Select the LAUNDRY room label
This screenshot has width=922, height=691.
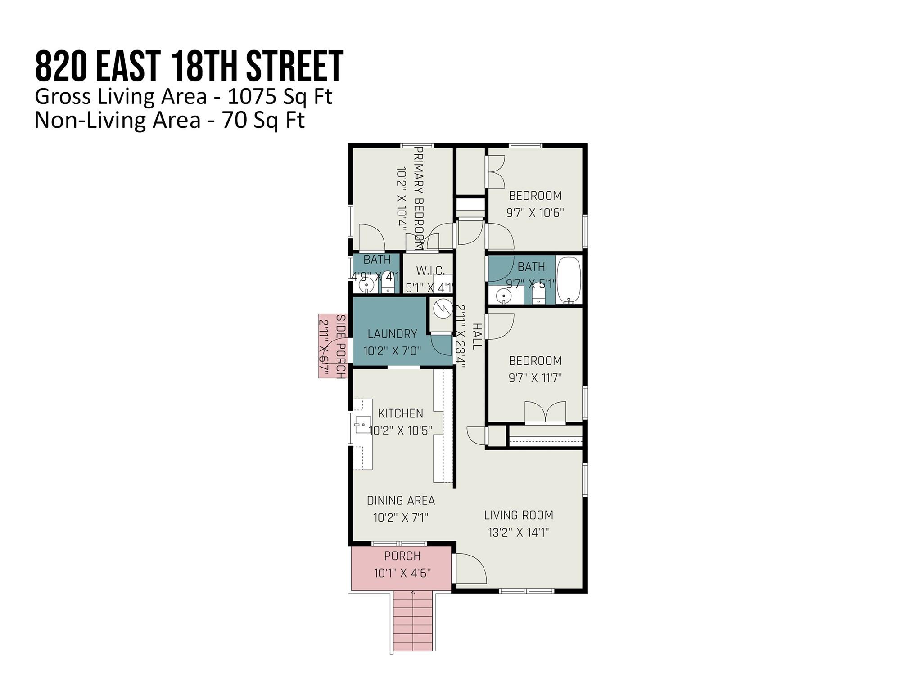pos(392,334)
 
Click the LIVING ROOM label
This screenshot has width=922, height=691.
pos(519,515)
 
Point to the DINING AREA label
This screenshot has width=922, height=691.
pos(401,500)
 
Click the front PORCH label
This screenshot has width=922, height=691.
pos(402,556)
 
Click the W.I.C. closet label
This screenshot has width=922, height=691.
pos(430,271)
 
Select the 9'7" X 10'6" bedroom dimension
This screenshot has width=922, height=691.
pos(535,213)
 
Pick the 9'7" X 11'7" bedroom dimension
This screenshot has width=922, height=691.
pos(535,378)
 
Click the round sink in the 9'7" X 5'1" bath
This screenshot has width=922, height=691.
pos(503,296)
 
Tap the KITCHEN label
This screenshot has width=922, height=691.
pos(401,413)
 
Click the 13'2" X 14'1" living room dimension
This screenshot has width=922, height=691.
pos(519,533)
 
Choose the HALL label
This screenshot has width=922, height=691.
pos(477,336)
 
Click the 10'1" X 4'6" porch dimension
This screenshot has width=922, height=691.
pos(402,573)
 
